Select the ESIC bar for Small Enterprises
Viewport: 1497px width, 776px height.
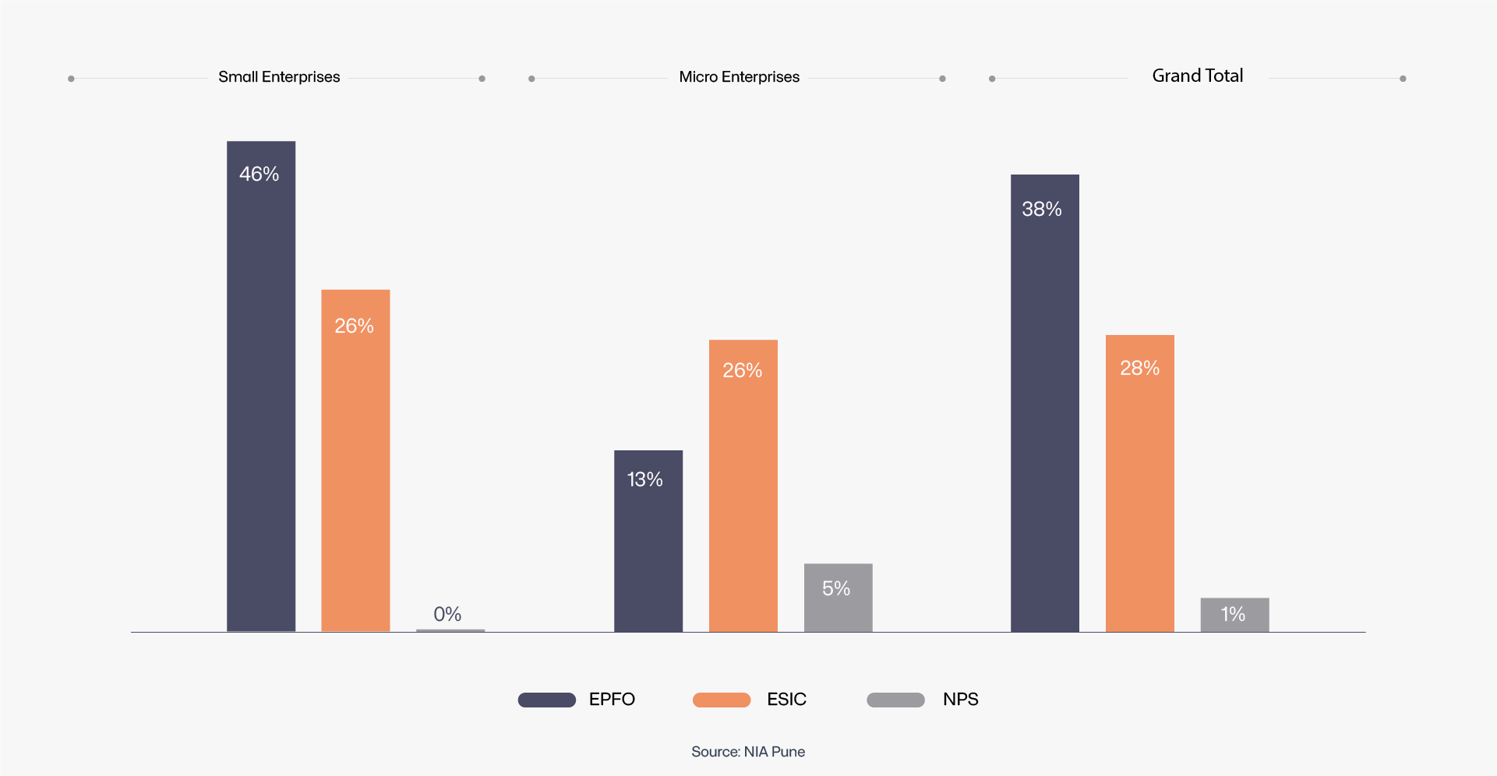pos(355,467)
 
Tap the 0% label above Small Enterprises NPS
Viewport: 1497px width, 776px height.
pos(447,614)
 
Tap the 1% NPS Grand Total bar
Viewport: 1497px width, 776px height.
pos(1235,616)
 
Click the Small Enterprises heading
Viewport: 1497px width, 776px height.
pos(279,77)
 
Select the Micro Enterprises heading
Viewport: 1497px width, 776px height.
pos(739,77)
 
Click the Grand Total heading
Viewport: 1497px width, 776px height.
pos(1198,76)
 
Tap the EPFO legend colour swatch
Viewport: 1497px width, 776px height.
pos(547,700)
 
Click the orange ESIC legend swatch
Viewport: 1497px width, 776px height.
pos(722,700)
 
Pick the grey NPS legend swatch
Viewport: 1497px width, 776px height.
pos(895,700)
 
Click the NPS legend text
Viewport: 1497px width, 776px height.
pos(960,700)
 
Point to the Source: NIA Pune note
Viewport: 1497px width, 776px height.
pos(748,752)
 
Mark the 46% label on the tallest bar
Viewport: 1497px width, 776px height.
pos(260,174)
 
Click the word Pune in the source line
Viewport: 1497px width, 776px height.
pos(789,752)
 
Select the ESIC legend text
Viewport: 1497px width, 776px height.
pos(786,700)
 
